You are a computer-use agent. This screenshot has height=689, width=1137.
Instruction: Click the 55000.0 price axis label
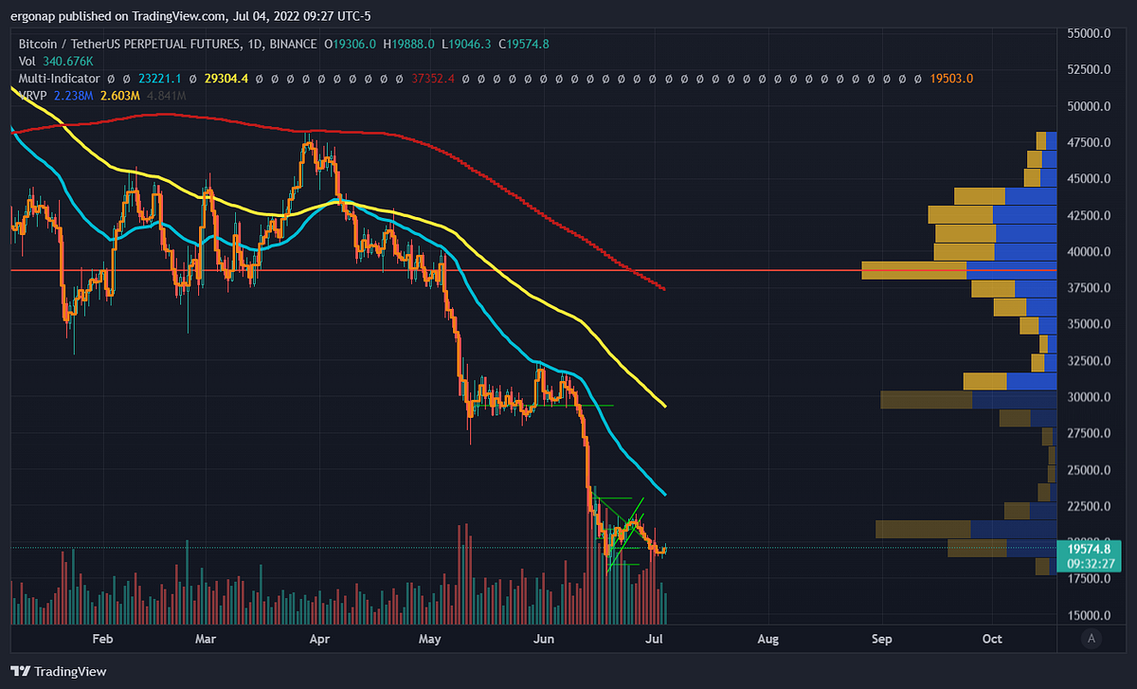tap(1090, 33)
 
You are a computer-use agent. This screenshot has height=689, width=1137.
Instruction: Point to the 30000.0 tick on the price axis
tap(1090, 397)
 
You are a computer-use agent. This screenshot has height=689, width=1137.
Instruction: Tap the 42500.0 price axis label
tap(1090, 215)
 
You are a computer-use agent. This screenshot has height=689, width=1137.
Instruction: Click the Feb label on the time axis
tap(103, 639)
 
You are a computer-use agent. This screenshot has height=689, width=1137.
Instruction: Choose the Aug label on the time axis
tap(768, 639)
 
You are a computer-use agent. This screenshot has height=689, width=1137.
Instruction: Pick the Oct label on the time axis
tap(992, 639)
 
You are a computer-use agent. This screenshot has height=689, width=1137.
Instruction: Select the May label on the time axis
tap(430, 639)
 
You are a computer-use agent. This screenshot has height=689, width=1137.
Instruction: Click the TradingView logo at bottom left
tap(59, 671)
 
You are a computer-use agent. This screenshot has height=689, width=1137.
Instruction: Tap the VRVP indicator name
tap(34, 96)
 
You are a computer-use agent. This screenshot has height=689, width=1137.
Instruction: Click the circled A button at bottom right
tap(1092, 639)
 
